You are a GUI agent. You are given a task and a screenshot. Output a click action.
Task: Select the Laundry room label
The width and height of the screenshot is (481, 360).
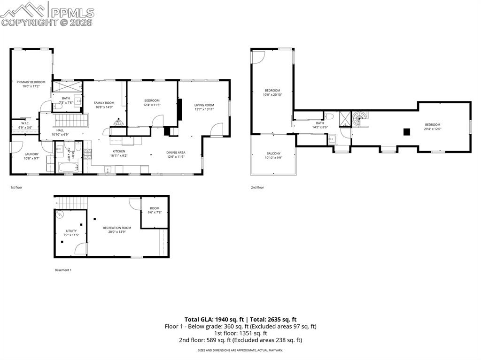[x=31, y=154]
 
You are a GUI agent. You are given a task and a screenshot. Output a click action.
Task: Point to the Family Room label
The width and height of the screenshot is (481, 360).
[x=104, y=103]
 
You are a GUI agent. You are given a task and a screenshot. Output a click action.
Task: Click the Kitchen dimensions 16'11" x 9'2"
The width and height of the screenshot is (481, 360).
[x=119, y=155]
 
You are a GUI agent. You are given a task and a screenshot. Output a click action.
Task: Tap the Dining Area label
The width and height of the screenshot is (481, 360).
[x=176, y=152]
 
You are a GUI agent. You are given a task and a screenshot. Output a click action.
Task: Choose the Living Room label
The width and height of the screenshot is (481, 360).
[x=204, y=105]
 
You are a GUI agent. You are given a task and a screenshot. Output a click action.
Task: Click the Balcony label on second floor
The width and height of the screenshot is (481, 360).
[x=273, y=153]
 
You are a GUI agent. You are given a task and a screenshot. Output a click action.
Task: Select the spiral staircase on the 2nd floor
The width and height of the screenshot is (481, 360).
[x=360, y=118]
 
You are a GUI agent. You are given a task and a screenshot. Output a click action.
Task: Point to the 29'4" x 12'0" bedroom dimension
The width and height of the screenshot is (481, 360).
[x=433, y=129]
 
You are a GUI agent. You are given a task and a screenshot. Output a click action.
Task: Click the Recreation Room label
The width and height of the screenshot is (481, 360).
[x=117, y=228]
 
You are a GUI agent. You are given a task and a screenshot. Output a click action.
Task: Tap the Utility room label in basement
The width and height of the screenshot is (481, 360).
[x=71, y=231]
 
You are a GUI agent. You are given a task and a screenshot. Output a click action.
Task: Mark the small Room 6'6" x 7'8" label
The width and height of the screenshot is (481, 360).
[x=155, y=208]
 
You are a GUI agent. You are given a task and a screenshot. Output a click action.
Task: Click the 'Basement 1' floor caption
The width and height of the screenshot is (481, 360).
[x=63, y=270]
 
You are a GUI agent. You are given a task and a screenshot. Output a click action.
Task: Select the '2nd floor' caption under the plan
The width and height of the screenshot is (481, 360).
[x=257, y=187]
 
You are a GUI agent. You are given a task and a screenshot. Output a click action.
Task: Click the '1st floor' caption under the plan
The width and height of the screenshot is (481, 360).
[x=16, y=187]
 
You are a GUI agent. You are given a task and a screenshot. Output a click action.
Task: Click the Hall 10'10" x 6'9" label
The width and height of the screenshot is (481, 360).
[x=60, y=130]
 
